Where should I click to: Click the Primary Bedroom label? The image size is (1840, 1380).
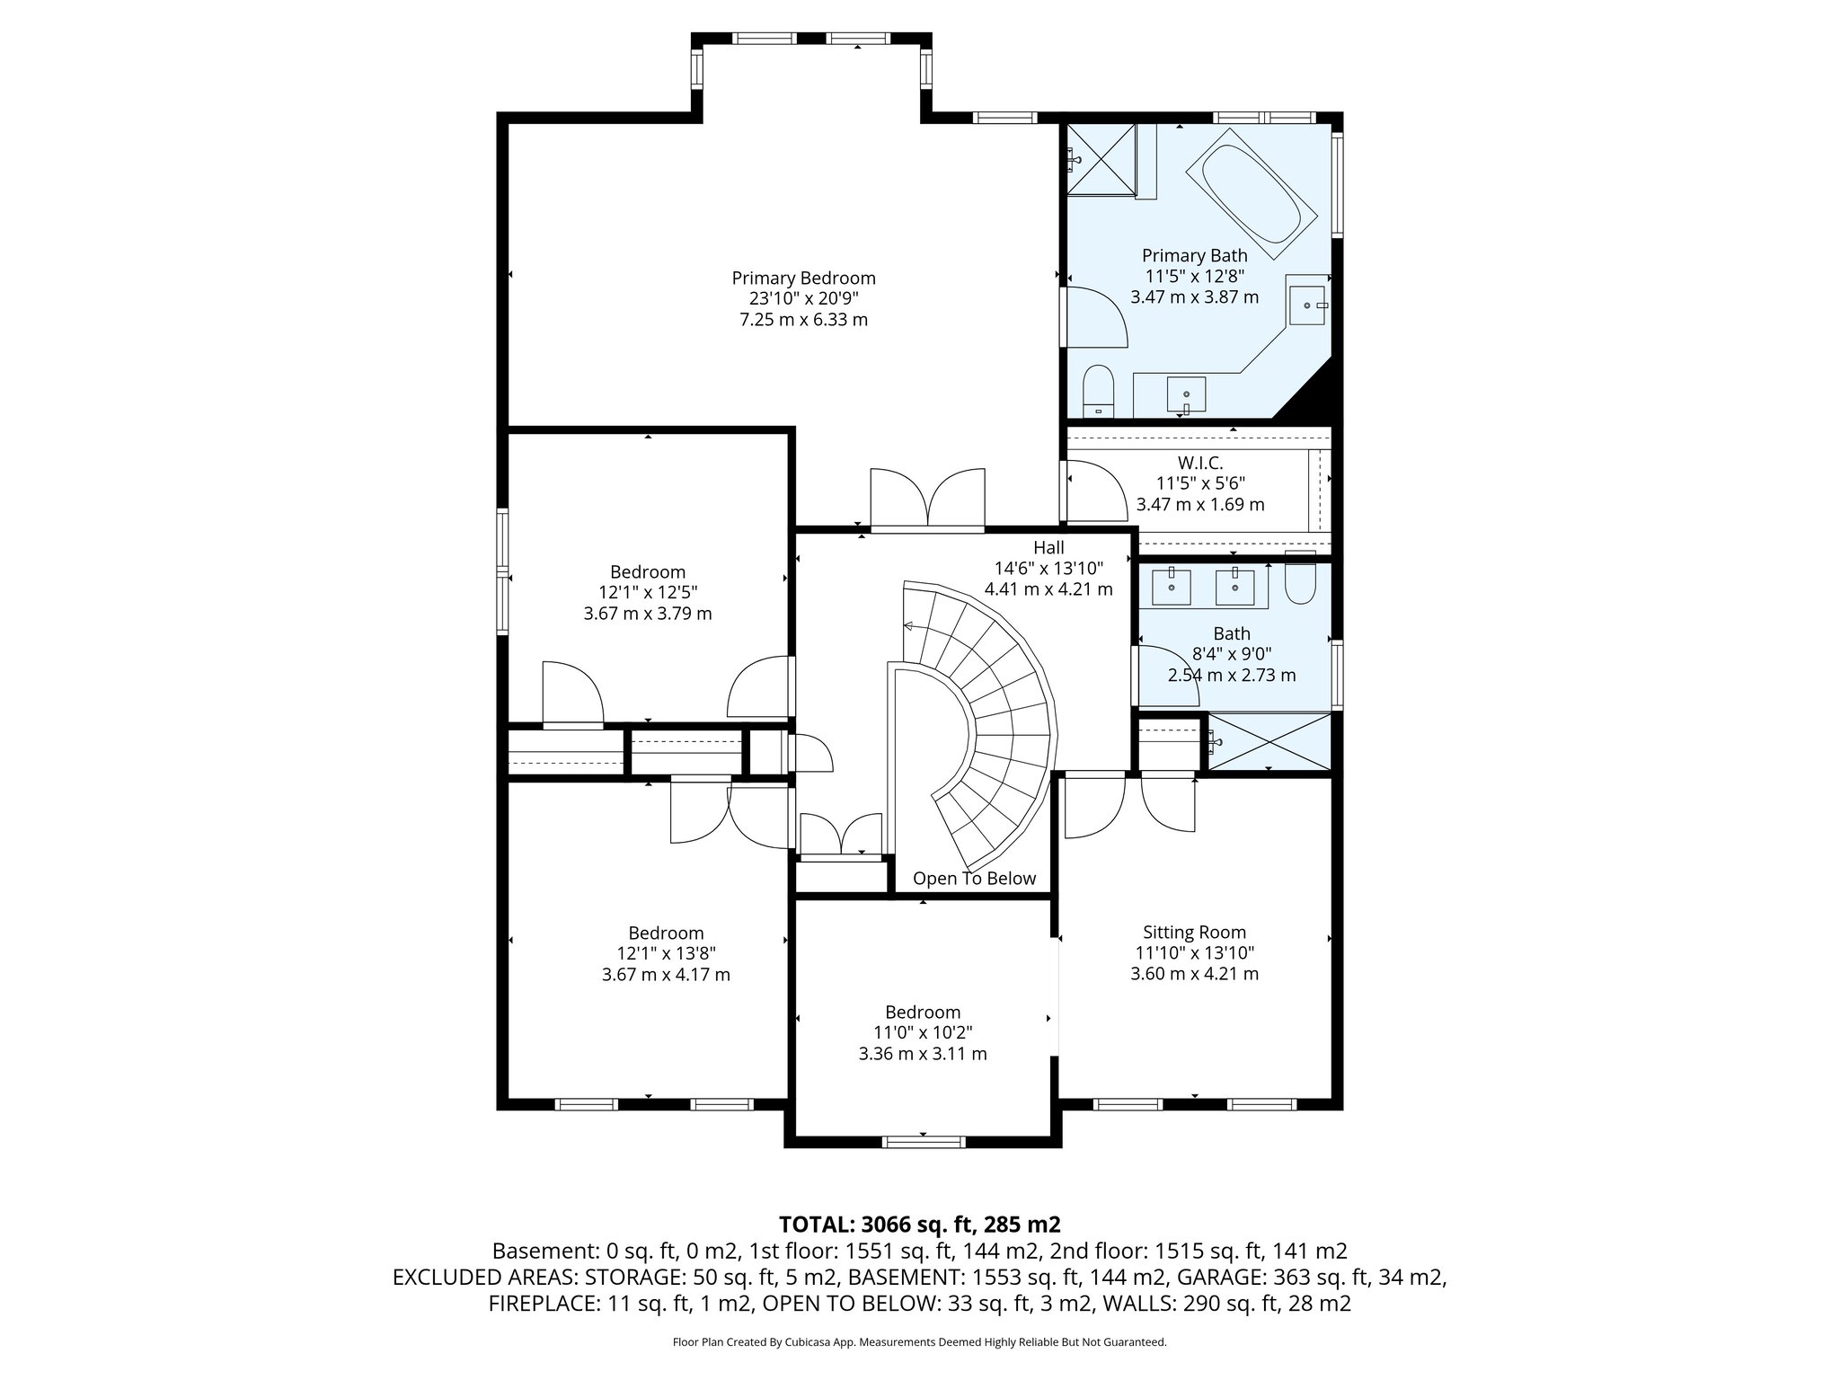803,279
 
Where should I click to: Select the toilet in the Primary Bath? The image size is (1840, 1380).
1098,391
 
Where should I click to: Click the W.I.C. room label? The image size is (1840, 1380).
1200,463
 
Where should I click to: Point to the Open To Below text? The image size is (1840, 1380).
974,879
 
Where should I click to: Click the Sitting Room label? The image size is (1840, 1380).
1194,933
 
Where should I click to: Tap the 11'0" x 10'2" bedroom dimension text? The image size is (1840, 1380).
922,1032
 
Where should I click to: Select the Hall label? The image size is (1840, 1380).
1048,548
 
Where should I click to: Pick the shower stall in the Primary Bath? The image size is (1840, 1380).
1101,159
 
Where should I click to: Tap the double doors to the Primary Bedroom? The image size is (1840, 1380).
927,500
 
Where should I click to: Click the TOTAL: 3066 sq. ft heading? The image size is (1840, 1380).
919,1224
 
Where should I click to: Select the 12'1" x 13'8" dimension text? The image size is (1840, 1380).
665,953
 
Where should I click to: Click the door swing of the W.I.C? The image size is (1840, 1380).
1094,491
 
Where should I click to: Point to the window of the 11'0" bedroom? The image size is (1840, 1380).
923,1142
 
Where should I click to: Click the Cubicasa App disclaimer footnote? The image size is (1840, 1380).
919,1342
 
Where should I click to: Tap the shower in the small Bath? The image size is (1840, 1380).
1269,742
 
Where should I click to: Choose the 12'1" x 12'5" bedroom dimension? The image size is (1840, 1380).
647,593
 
